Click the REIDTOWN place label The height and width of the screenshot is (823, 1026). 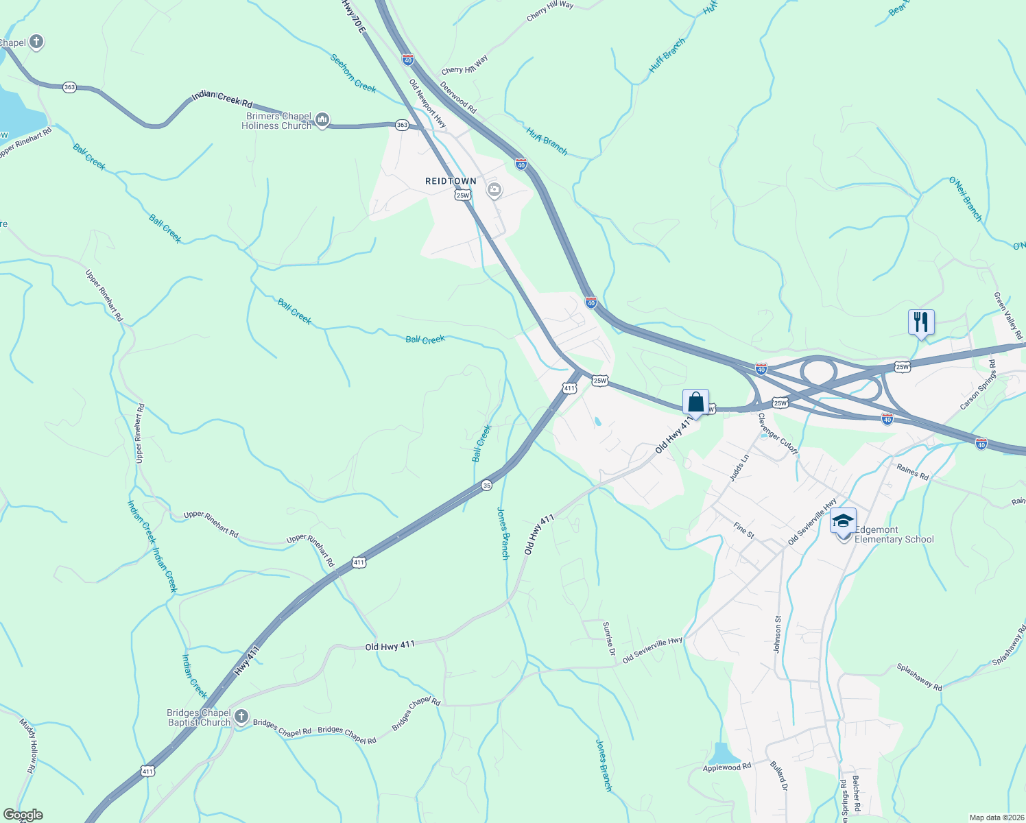451,181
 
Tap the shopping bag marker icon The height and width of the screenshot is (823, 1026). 695,402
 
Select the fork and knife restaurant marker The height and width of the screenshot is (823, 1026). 921,322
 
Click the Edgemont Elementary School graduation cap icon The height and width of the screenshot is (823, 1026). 843,522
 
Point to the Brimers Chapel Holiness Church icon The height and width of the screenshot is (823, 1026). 322,121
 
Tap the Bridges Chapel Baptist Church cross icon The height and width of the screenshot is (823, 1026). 241,717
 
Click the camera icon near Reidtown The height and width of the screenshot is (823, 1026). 494,190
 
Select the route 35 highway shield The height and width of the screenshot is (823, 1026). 486,486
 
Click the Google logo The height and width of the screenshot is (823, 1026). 23,815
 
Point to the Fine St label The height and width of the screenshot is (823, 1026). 743,529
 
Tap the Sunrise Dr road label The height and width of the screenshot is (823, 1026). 608,639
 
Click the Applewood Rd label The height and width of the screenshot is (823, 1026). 727,767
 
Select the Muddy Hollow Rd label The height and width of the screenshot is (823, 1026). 27,746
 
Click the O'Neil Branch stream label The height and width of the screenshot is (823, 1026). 966,199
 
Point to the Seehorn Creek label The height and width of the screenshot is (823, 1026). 353,73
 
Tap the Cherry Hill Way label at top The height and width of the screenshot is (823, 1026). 550,10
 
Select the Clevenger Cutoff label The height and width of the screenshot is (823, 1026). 778,433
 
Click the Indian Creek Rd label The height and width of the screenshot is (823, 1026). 222,99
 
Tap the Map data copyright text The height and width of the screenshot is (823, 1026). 997,818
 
